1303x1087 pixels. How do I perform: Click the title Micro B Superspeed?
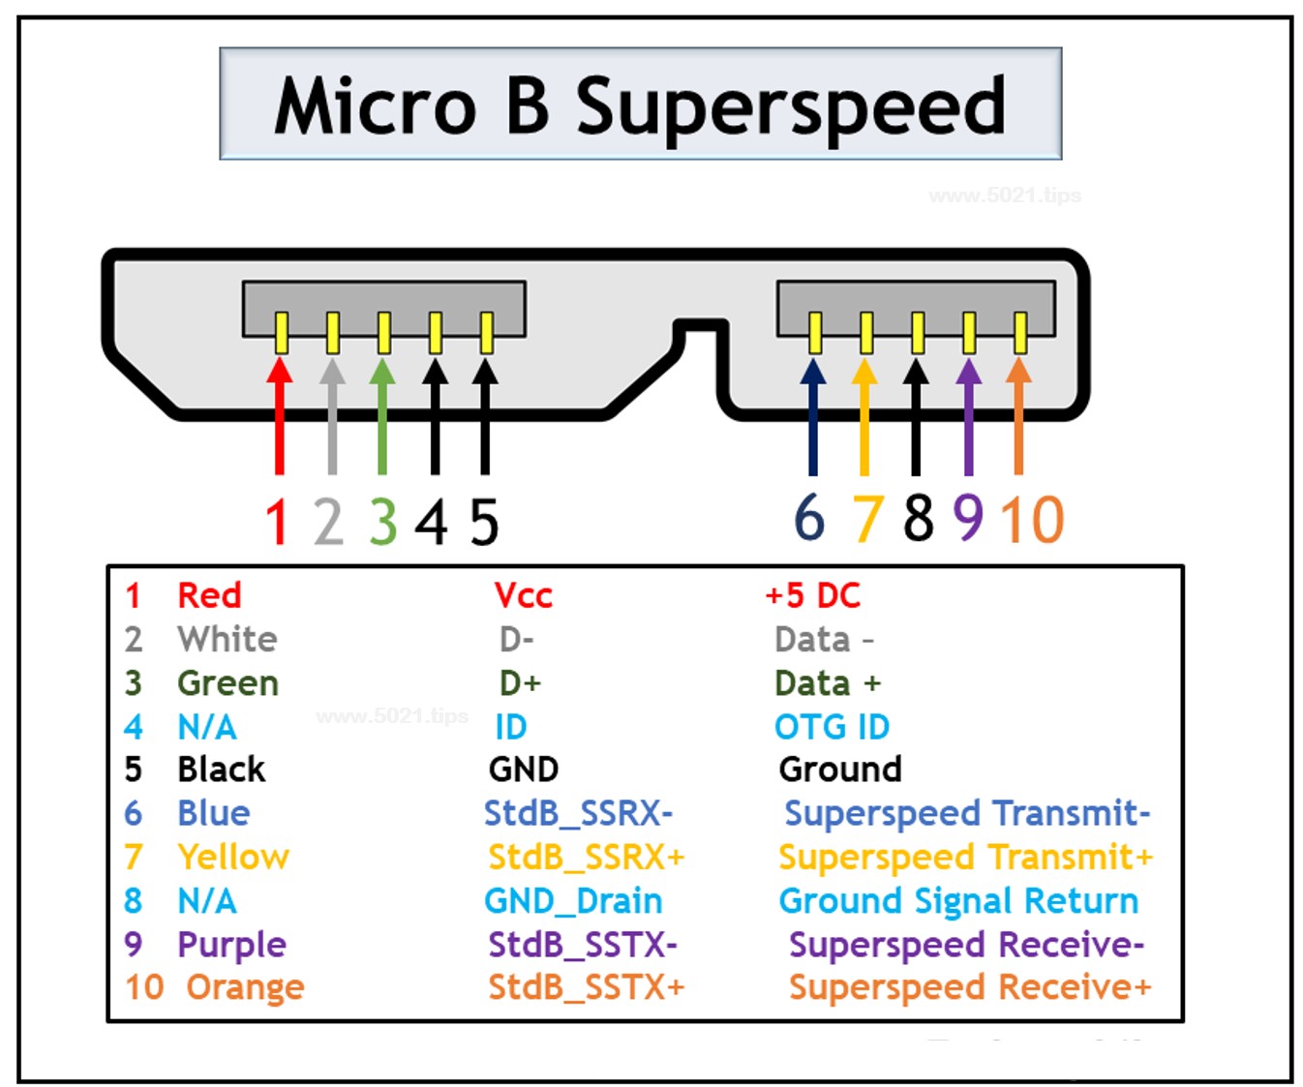tap(640, 105)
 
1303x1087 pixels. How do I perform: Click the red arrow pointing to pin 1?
tap(280, 416)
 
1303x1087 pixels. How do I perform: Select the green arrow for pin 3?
tap(382, 416)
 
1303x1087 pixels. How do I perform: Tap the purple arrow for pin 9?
tap(968, 416)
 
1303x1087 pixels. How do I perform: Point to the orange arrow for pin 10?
tap(1018, 416)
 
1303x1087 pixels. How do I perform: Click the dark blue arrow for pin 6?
tap(813, 416)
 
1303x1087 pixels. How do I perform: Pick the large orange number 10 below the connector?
tap(1032, 520)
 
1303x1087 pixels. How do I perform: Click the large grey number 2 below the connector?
tap(329, 522)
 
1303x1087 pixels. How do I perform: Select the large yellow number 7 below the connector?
tap(868, 519)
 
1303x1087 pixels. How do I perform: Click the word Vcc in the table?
tap(523, 595)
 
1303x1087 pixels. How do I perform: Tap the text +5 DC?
tap(812, 595)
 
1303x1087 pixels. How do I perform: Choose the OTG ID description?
tap(832, 727)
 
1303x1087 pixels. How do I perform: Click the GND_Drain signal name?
tap(573, 901)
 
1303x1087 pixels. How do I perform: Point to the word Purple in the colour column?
tap(231, 945)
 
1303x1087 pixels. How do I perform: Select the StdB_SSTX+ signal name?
tap(586, 987)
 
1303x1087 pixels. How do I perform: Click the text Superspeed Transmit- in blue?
tap(967, 813)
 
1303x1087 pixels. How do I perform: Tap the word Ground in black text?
tap(839, 770)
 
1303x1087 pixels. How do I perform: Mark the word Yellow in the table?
tap(233, 857)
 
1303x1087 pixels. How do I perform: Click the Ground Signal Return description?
tap(958, 901)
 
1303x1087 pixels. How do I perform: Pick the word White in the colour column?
tap(227, 639)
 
